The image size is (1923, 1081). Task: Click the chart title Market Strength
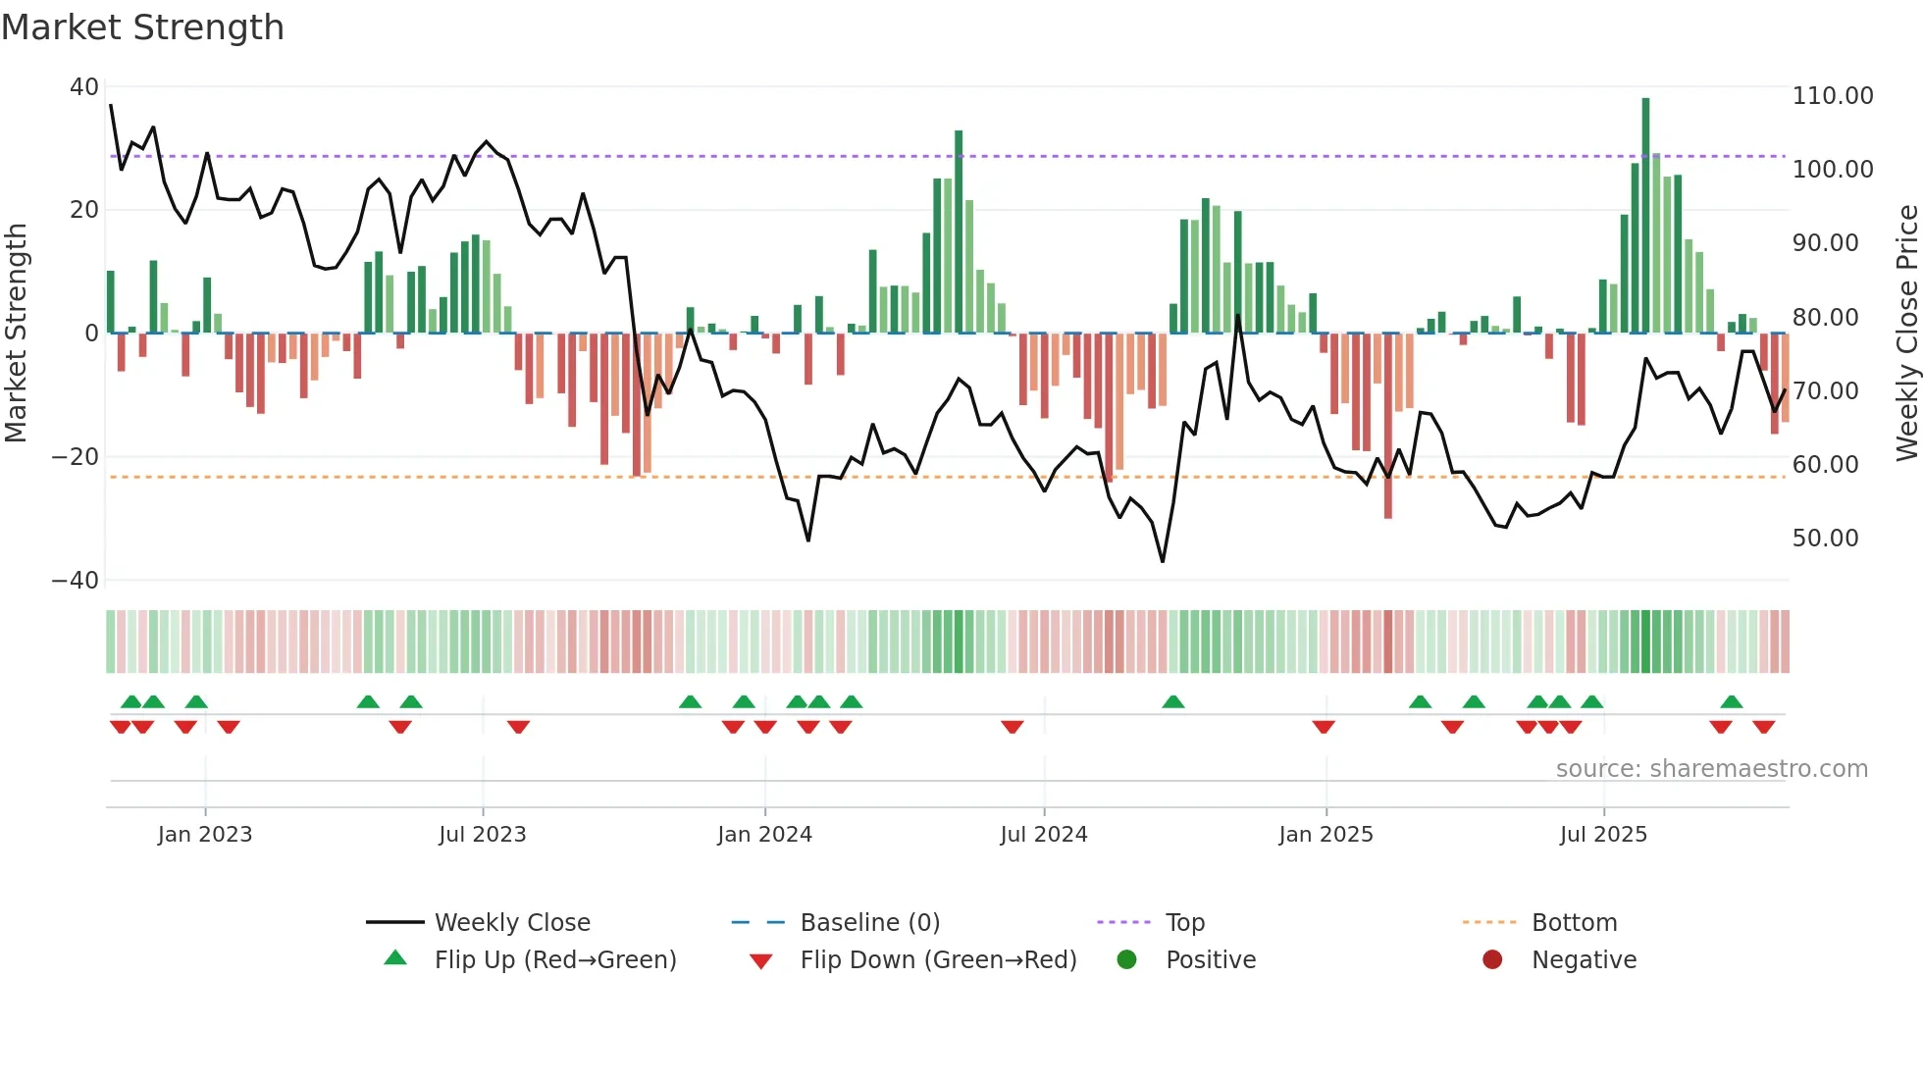pyautogui.click(x=142, y=27)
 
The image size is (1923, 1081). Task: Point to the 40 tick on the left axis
pyautogui.click(x=84, y=87)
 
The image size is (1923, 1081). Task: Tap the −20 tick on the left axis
pyautogui.click(x=76, y=457)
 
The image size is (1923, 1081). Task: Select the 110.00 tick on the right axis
pyautogui.click(x=1832, y=96)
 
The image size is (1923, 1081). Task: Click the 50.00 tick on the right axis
pyautogui.click(x=1825, y=539)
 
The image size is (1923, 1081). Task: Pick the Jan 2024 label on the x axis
pyautogui.click(x=764, y=835)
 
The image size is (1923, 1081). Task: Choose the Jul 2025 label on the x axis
pyautogui.click(x=1603, y=835)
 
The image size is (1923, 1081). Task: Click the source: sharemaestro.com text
pyautogui.click(x=1711, y=769)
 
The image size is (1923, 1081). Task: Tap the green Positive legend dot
pyautogui.click(x=1126, y=960)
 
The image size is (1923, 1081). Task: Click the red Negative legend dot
pyautogui.click(x=1492, y=960)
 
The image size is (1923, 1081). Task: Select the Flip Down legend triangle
pyautogui.click(x=760, y=961)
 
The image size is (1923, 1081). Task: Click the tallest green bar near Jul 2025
pyautogui.click(x=1645, y=216)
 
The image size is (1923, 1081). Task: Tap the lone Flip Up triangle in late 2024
pyautogui.click(x=1172, y=702)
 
